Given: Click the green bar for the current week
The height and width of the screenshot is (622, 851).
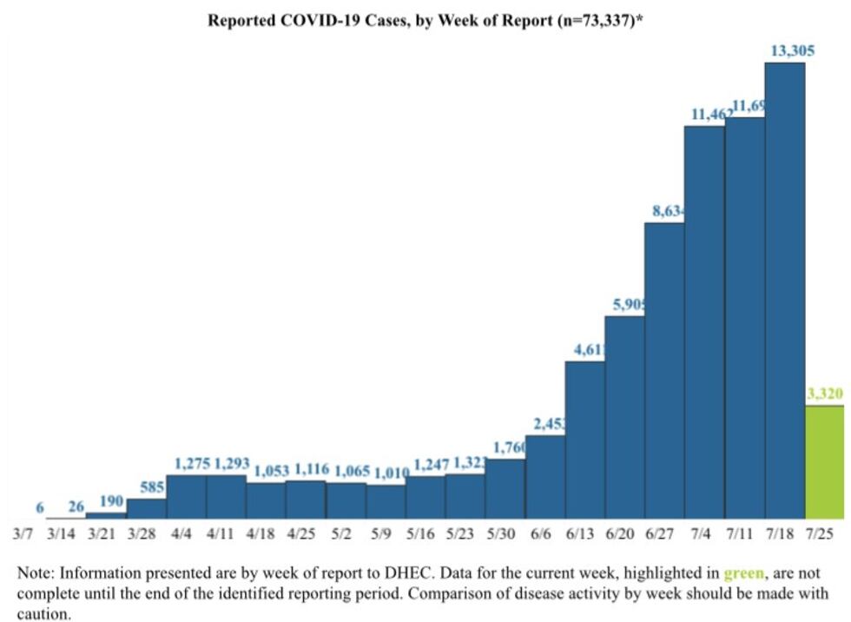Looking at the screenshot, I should (x=824, y=462).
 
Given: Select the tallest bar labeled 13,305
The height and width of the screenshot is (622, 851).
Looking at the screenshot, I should (x=784, y=291).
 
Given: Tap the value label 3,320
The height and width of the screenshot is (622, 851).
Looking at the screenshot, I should (x=824, y=394).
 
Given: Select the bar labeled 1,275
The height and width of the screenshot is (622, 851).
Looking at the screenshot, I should (x=186, y=497).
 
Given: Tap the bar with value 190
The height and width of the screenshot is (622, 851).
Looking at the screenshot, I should (x=106, y=515).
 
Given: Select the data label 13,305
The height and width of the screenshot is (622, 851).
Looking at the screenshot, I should (x=791, y=50).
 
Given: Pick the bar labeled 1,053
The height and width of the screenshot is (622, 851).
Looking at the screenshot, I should (x=266, y=500).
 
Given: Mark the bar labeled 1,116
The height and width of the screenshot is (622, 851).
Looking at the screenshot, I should (x=306, y=500).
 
